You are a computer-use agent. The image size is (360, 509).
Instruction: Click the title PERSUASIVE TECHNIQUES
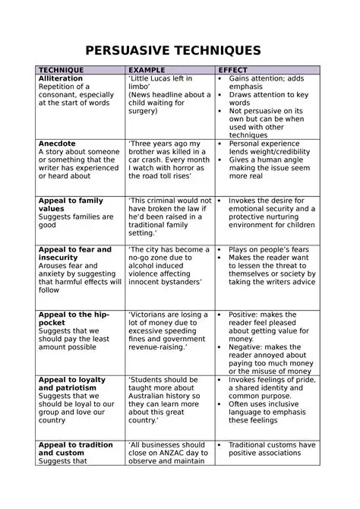[x=173, y=51]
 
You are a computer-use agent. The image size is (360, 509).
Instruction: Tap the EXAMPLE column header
[x=148, y=70]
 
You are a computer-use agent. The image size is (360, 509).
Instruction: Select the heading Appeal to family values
[x=71, y=204]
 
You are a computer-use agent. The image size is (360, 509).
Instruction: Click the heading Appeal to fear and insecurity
[x=74, y=253]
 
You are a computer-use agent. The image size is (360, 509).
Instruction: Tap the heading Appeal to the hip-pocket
[x=74, y=318]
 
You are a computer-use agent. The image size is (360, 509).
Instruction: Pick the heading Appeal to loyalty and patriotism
[x=72, y=384]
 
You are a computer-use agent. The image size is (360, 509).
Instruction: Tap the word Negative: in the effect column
[x=248, y=346]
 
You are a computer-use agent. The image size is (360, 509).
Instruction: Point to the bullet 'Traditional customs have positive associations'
[x=272, y=449]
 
